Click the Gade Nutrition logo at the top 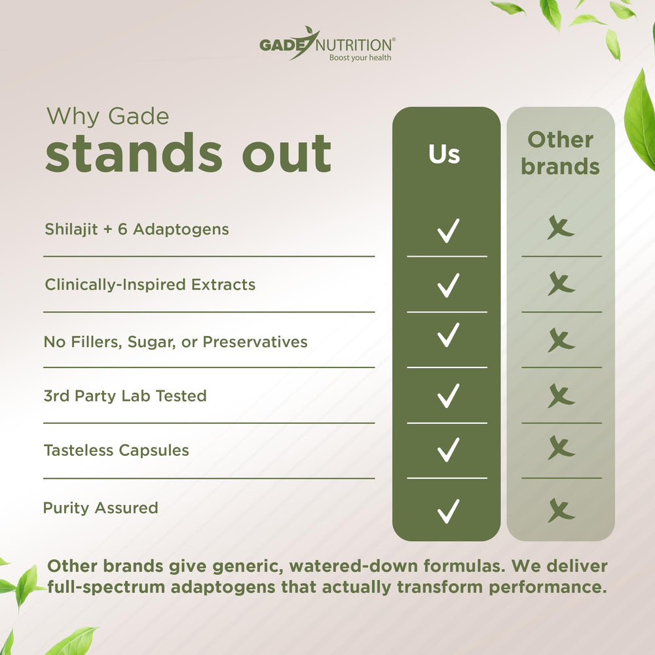click(x=326, y=44)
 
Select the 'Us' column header click(x=445, y=155)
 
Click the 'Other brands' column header click(x=560, y=153)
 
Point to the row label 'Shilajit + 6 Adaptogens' click(x=137, y=229)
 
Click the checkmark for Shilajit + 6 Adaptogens click(x=448, y=231)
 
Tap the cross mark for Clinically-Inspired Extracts click(x=561, y=284)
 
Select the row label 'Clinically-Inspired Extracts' click(x=150, y=285)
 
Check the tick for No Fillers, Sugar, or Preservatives click(x=448, y=335)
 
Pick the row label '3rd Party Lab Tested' click(x=124, y=396)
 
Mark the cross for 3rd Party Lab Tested click(x=561, y=396)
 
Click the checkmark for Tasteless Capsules click(x=448, y=449)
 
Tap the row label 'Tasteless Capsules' click(x=116, y=450)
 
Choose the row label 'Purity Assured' click(x=100, y=508)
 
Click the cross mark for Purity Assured click(x=561, y=510)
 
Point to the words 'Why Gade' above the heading click(x=107, y=117)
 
